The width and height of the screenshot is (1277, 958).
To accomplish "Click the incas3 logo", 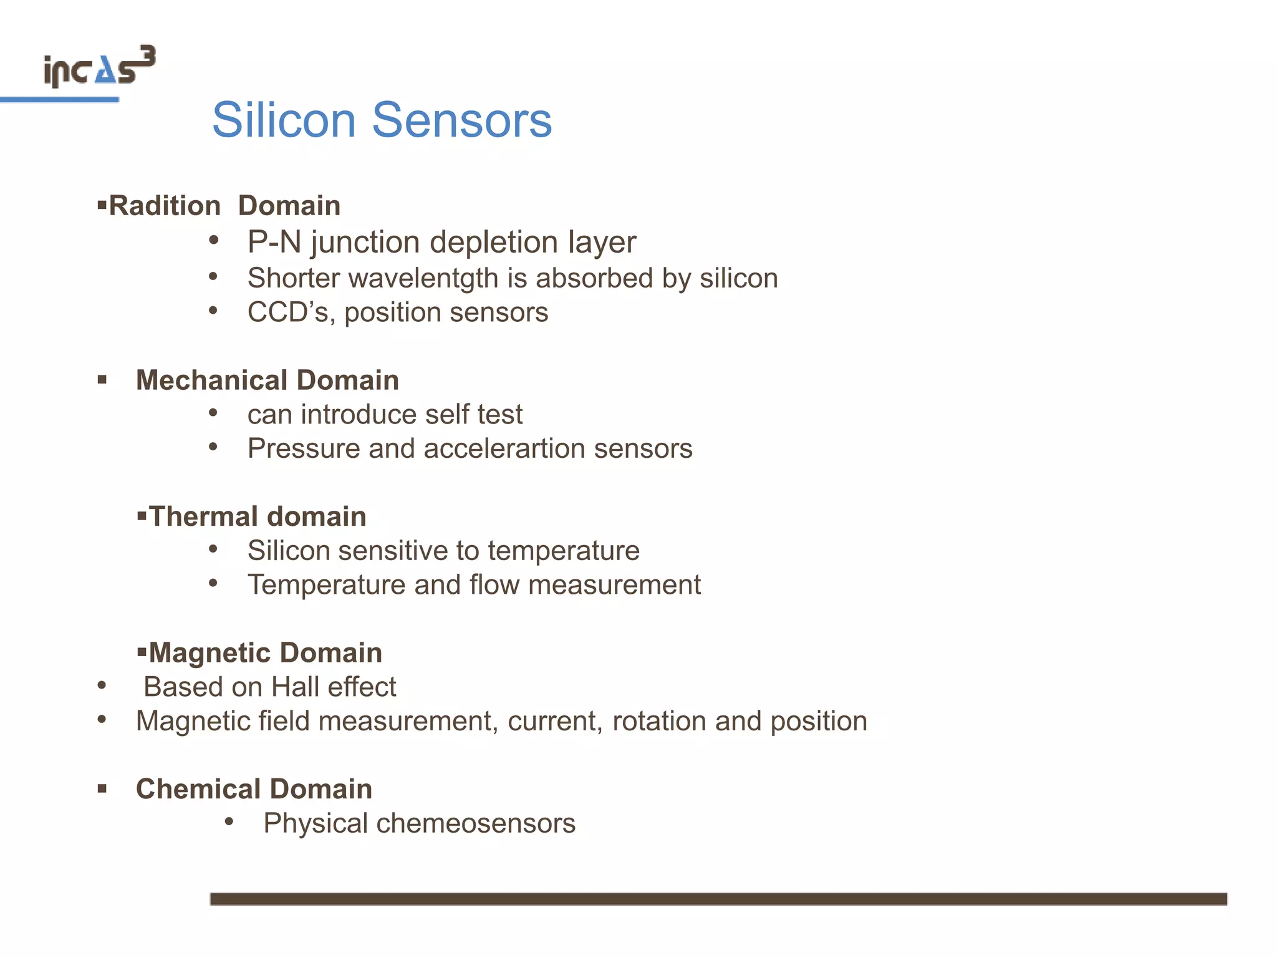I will click(x=99, y=67).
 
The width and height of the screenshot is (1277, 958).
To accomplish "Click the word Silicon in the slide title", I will click(x=284, y=120).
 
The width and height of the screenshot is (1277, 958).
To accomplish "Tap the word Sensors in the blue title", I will click(x=462, y=120).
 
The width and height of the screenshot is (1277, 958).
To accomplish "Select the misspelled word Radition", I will click(x=165, y=206).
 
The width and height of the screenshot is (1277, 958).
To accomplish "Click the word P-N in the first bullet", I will click(x=274, y=242).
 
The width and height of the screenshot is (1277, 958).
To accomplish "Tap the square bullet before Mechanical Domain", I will click(x=102, y=379).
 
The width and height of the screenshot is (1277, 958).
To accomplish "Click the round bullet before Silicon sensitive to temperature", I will click(x=213, y=549).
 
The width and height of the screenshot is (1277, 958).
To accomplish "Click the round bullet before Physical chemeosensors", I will click(x=229, y=822).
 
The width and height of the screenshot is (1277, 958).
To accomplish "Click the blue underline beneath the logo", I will click(x=59, y=100).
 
